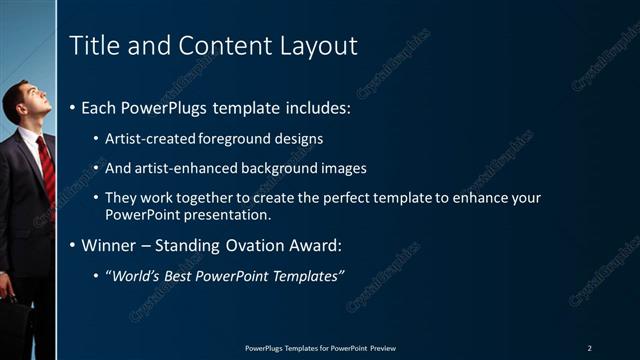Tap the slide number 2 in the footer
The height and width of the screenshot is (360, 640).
(590, 348)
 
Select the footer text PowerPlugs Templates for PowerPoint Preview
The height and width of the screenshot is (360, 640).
(320, 348)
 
